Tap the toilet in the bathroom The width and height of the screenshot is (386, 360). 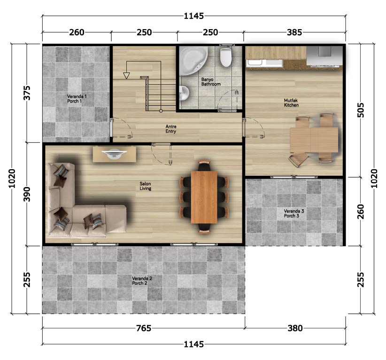[x=225, y=57]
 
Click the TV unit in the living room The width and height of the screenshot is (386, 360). [x=114, y=154]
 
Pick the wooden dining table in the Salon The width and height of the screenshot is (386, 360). [x=204, y=197]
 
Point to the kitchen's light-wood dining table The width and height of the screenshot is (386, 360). [x=314, y=140]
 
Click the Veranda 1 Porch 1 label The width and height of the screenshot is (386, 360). [x=77, y=99]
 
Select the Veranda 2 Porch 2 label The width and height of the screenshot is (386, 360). [x=142, y=281]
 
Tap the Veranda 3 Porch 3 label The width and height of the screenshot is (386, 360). [x=293, y=213]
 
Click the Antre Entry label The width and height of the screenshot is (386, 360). [x=171, y=129]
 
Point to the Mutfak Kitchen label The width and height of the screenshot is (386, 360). [x=291, y=103]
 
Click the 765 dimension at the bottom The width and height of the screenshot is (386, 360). [x=144, y=328]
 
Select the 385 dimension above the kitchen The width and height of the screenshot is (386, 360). [x=294, y=32]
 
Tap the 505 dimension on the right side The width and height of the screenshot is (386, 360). [x=360, y=110]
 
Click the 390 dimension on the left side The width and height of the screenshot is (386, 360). [x=27, y=194]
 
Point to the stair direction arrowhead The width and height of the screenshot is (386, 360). [x=126, y=76]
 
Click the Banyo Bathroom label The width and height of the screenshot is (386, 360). [x=211, y=82]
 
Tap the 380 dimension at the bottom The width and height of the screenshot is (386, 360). [x=295, y=328]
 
